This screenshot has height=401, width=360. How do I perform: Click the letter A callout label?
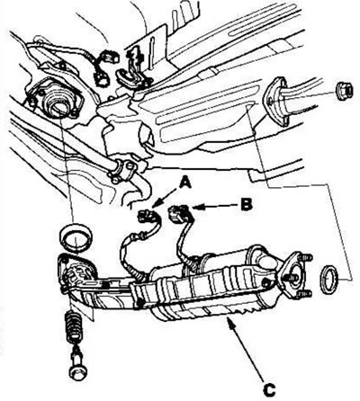pyautogui.click(x=185, y=182)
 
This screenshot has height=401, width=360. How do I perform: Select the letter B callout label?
pyautogui.click(x=247, y=205)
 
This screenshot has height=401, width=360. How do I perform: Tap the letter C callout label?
pyautogui.click(x=269, y=389)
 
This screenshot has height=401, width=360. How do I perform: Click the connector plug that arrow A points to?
pyautogui.click(x=147, y=216)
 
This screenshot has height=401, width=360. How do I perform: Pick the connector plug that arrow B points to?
pyautogui.click(x=179, y=212)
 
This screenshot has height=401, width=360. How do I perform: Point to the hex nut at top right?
pyautogui.click(x=344, y=90)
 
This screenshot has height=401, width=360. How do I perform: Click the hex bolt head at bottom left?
pyautogui.click(x=78, y=370)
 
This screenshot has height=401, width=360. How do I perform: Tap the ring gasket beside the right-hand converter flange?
pyautogui.click(x=329, y=279)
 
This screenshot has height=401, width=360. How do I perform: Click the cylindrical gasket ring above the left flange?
pyautogui.click(x=76, y=236)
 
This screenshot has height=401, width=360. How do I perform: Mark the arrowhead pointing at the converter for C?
pyautogui.click(x=229, y=323)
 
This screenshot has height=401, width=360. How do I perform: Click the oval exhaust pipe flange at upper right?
pyautogui.click(x=275, y=101)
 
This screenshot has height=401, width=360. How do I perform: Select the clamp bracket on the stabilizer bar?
pyautogui.click(x=122, y=170)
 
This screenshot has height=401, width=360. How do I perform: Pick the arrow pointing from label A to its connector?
pyautogui.click(x=166, y=198)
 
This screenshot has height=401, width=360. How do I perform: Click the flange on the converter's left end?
pyautogui.click(x=76, y=272)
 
